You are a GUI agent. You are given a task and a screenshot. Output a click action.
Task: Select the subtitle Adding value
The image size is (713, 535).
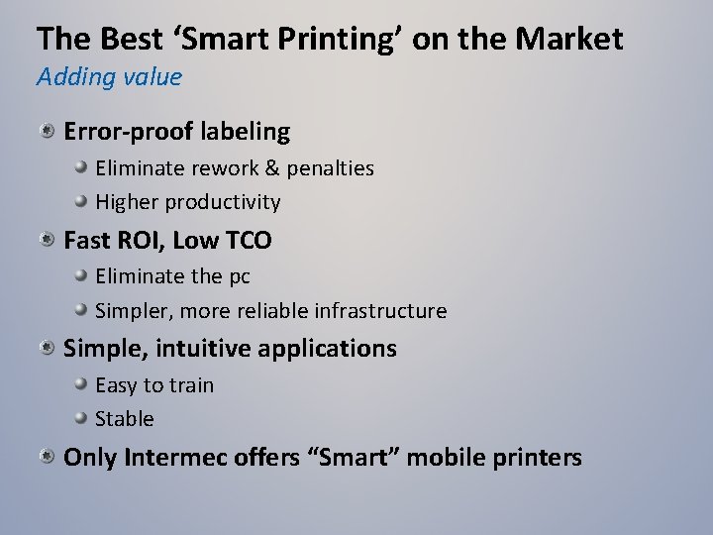pyautogui.click(x=109, y=77)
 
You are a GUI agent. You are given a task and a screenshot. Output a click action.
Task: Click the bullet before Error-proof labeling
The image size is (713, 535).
pyautogui.click(x=48, y=131)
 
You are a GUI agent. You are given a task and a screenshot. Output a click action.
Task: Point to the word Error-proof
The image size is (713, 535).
pyautogui.click(x=128, y=131)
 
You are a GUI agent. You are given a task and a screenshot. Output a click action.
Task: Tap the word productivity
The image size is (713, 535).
pyautogui.click(x=223, y=203)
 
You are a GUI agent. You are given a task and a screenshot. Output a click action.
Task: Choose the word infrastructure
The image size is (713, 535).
pyautogui.click(x=380, y=311)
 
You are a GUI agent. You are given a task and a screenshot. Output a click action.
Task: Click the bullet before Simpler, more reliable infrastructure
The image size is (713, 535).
pyautogui.click(x=83, y=310)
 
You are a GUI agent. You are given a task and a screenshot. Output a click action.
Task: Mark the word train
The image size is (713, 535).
pyautogui.click(x=191, y=385)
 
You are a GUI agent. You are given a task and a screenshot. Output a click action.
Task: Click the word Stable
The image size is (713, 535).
pyautogui.click(x=125, y=419)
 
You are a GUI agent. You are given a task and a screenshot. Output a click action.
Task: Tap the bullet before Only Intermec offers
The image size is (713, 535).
pyautogui.click(x=48, y=457)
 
